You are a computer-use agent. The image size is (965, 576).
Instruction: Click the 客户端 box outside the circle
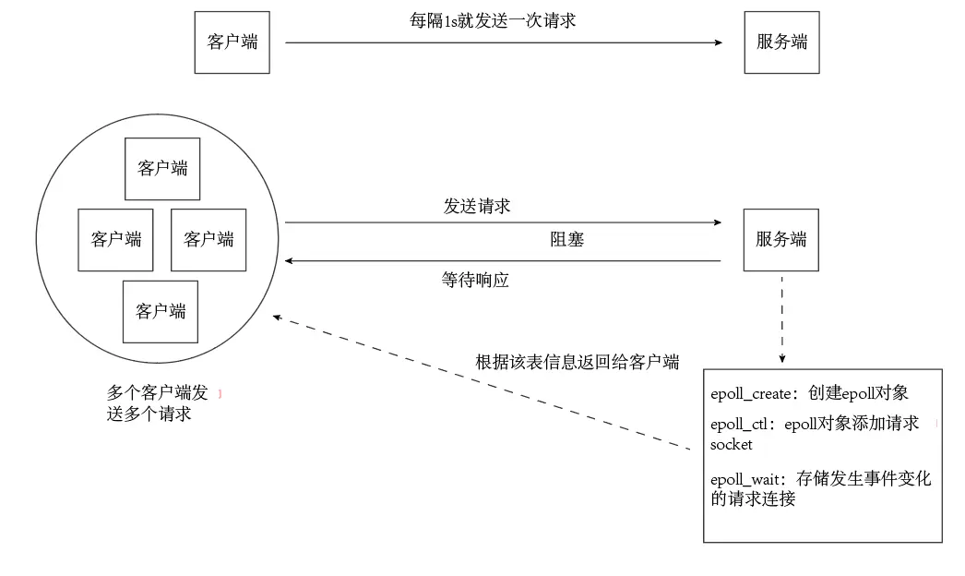tap(232, 42)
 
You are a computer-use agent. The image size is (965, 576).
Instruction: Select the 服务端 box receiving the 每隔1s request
tap(781, 42)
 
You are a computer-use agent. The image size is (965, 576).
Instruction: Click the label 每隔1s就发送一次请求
tap(493, 20)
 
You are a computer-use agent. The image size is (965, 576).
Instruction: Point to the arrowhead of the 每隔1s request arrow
tap(717, 42)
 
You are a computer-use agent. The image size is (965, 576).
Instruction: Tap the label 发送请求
tap(477, 206)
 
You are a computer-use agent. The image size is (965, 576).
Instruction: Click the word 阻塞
tap(567, 240)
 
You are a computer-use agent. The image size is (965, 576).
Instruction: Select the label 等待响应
tap(475, 281)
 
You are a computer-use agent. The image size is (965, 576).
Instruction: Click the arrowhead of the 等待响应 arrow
tap(290, 261)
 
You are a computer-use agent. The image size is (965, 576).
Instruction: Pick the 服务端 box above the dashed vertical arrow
tap(781, 239)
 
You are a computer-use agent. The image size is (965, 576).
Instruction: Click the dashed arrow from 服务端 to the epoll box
tap(781, 318)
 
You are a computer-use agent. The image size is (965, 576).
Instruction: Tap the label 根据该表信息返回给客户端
tap(577, 362)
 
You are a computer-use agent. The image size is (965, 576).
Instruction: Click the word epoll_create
tap(752, 394)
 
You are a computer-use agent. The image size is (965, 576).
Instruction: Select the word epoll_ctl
tap(743, 425)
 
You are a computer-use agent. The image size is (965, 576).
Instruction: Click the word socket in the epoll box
tap(732, 445)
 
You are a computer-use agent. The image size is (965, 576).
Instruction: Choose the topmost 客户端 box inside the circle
tap(162, 169)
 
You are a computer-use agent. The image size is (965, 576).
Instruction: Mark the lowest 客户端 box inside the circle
tap(161, 311)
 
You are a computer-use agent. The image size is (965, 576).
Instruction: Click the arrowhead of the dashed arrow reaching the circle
tap(278, 318)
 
